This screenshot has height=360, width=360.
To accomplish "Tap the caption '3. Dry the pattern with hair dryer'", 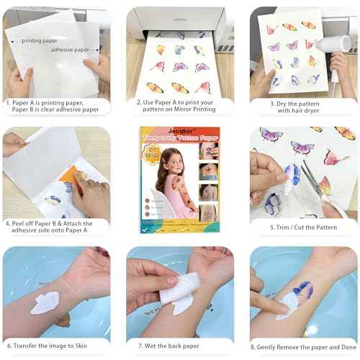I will click(x=301, y=107).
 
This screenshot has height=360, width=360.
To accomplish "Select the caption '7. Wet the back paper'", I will click(x=179, y=346).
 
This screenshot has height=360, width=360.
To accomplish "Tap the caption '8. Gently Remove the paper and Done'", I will click(x=303, y=346).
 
